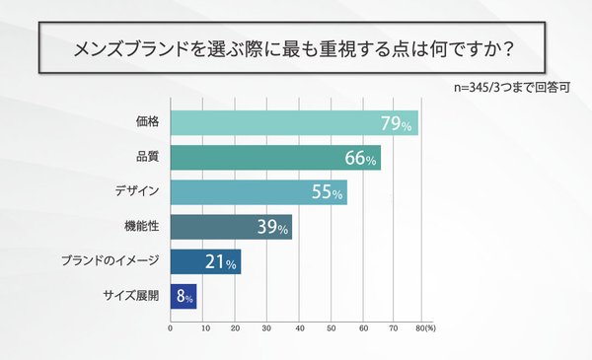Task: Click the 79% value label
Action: point(399,123)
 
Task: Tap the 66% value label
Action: point(360,158)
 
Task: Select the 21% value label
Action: point(219,262)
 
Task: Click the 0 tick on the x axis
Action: point(171,327)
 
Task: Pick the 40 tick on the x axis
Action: point(299,327)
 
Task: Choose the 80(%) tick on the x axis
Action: point(426,327)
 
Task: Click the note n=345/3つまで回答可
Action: point(513,86)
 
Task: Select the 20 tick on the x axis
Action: point(235,327)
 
